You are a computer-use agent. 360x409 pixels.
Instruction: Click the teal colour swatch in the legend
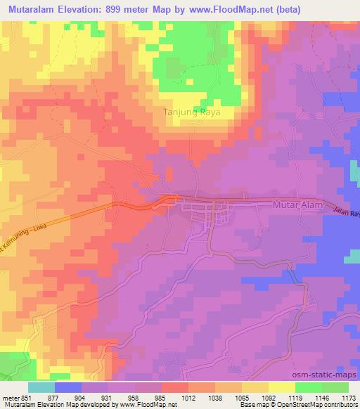41,387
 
